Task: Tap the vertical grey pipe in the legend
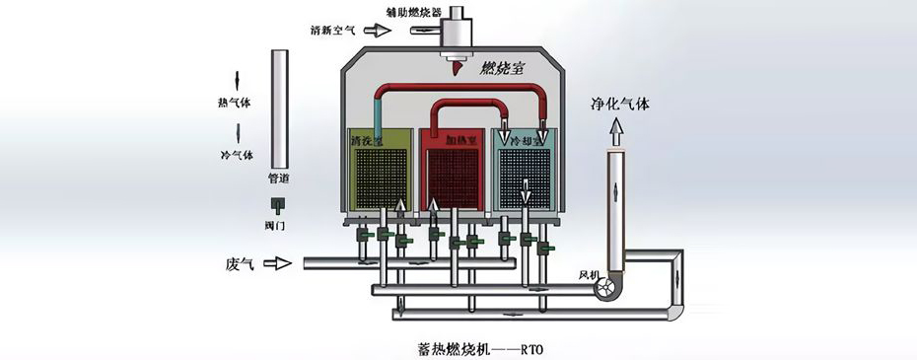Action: click(279, 108)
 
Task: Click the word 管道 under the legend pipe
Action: click(279, 180)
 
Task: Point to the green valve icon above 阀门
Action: click(279, 206)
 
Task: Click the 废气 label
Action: click(241, 263)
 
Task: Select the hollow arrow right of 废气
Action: click(282, 263)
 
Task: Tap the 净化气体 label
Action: click(619, 102)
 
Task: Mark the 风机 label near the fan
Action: click(589, 274)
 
